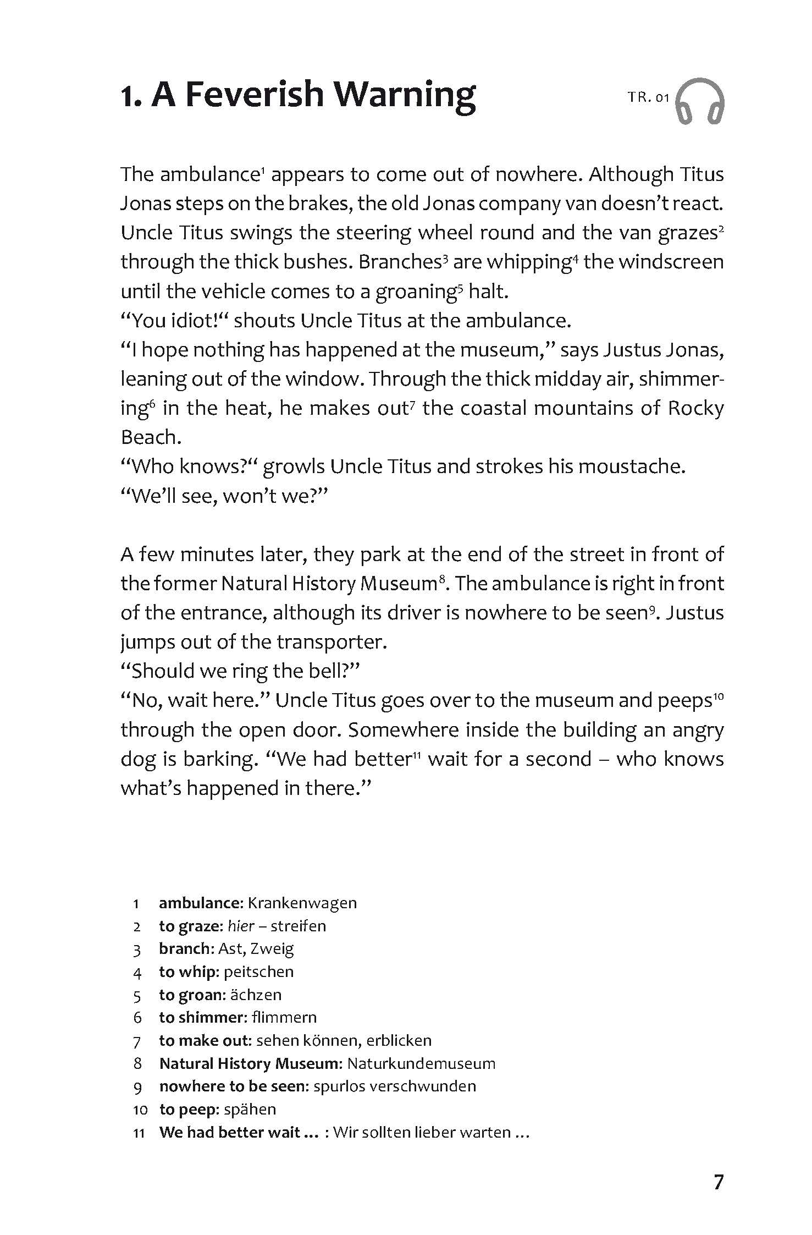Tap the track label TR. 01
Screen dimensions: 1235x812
[x=648, y=98]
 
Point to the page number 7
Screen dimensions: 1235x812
[x=719, y=1182]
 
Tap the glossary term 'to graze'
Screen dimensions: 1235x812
[x=190, y=926]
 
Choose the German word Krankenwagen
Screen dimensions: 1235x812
[x=302, y=903]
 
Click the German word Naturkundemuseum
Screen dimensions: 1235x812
[x=421, y=1063]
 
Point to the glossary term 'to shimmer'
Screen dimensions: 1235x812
[x=201, y=1017]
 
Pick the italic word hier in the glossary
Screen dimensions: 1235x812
[x=240, y=926]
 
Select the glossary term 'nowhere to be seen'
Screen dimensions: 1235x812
[x=234, y=1086]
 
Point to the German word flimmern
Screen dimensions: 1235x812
[x=284, y=1017]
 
